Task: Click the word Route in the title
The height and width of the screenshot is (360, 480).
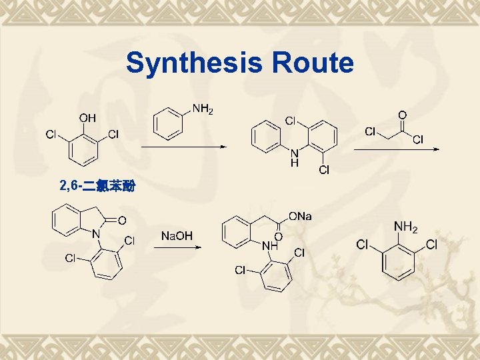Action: point(312,63)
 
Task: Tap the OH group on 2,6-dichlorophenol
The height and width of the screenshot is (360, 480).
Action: point(87,118)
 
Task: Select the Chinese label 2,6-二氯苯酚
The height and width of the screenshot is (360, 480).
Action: point(97,186)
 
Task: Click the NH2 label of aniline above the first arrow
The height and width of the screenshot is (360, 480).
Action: point(203,108)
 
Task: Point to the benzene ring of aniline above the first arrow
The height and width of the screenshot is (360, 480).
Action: point(167,125)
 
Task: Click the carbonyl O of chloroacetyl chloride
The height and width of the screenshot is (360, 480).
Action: point(401,115)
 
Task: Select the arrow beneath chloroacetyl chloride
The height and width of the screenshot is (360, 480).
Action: point(396,149)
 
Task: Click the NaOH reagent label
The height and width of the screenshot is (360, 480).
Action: point(177,236)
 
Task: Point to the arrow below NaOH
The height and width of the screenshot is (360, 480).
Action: point(177,247)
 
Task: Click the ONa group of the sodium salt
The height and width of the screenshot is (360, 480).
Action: point(299,217)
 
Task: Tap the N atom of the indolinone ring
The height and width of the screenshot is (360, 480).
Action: point(95,234)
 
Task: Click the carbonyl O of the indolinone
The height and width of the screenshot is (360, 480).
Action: point(123,220)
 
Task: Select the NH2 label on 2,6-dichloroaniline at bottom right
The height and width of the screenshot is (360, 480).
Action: point(405,229)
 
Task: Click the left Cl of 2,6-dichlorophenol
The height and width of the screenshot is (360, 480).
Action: point(51,135)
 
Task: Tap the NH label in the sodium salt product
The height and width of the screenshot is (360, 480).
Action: point(269,245)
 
